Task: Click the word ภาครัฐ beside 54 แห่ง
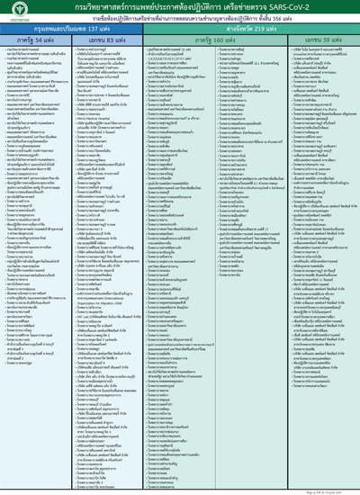pyautogui.click(x=26, y=40)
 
